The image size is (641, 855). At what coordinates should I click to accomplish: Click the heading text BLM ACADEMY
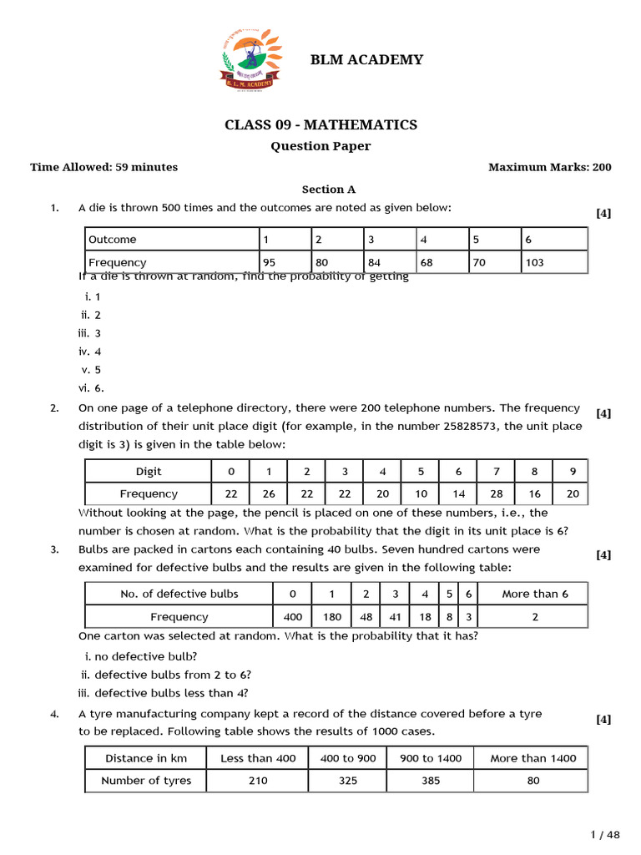[366, 59]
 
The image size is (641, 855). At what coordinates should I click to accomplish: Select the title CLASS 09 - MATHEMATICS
[320, 125]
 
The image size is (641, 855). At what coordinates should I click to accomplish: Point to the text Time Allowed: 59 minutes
[103, 167]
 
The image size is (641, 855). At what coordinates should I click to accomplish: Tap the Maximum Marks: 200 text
[549, 167]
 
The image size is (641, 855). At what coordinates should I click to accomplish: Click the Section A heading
[328, 190]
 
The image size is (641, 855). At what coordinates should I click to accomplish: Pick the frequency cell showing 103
[534, 262]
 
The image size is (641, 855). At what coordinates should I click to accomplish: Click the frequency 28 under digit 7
[497, 493]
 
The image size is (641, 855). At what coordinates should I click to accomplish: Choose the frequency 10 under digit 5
[421, 493]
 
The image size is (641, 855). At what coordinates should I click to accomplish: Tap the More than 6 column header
[534, 594]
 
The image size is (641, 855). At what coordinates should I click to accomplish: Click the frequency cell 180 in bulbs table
[332, 617]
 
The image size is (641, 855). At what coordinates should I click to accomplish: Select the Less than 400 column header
[258, 758]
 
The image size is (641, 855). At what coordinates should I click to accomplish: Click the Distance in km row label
[146, 758]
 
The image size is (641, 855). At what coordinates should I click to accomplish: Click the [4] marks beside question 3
[603, 555]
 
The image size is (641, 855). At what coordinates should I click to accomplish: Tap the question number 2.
[54, 408]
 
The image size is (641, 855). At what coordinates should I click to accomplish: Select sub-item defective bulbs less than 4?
[171, 693]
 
